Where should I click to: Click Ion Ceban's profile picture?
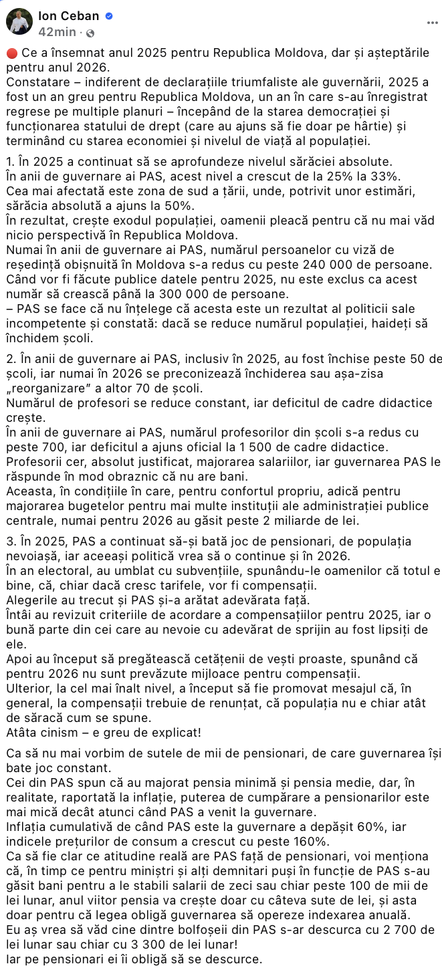coord(19,21)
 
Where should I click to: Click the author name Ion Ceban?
coord(69,16)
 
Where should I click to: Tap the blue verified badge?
coord(109,16)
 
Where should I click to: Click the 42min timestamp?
coord(57,31)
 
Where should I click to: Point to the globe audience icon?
coord(90,32)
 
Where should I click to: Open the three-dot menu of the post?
coord(432,22)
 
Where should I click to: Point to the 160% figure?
coord(312,841)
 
